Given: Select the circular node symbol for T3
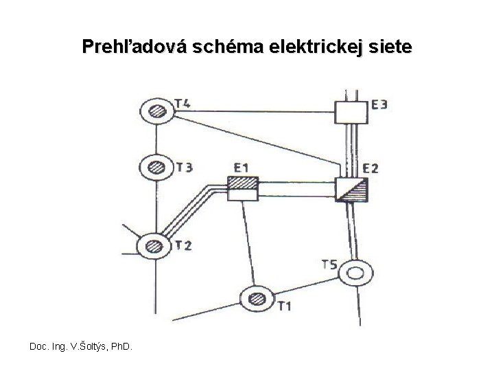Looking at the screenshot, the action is (156, 166).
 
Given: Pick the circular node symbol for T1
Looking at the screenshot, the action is (257, 297).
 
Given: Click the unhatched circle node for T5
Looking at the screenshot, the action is (356, 273).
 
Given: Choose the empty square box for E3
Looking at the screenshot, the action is (351, 109).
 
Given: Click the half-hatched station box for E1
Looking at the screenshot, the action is (242, 188).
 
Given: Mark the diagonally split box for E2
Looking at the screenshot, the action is (352, 188).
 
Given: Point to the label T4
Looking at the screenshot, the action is (183, 104).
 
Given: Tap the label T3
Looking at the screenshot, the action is (185, 167).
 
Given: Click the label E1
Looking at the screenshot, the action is (242, 167).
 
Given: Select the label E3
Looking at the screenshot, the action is (380, 104).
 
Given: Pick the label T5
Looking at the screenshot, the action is (329, 264).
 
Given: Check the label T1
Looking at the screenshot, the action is (284, 306).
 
